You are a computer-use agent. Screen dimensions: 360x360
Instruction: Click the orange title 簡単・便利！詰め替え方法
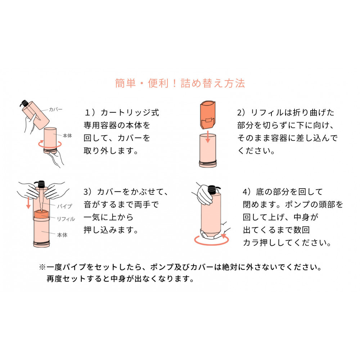(x=180, y=83)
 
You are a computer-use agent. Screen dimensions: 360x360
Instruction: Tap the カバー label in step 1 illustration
(x=55, y=109)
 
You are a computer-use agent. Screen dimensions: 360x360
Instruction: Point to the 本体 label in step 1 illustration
(x=67, y=136)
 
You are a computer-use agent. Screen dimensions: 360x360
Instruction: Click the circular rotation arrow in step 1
(x=50, y=144)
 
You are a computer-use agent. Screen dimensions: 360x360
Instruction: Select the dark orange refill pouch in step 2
(x=208, y=114)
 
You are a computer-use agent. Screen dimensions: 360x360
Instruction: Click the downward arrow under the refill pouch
(x=208, y=137)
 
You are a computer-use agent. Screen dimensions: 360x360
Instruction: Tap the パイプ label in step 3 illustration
(x=64, y=206)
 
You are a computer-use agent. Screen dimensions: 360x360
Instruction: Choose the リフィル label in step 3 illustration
(x=66, y=219)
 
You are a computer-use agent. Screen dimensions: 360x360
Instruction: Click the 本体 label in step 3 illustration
(x=62, y=235)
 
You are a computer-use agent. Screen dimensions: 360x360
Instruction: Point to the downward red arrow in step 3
(x=28, y=203)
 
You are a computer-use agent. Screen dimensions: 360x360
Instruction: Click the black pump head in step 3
(x=41, y=184)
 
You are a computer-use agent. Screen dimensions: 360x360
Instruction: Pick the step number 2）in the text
(x=242, y=112)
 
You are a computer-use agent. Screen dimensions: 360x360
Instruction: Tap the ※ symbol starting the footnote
(x=42, y=267)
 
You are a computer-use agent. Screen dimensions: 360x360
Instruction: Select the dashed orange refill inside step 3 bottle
(x=41, y=214)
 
